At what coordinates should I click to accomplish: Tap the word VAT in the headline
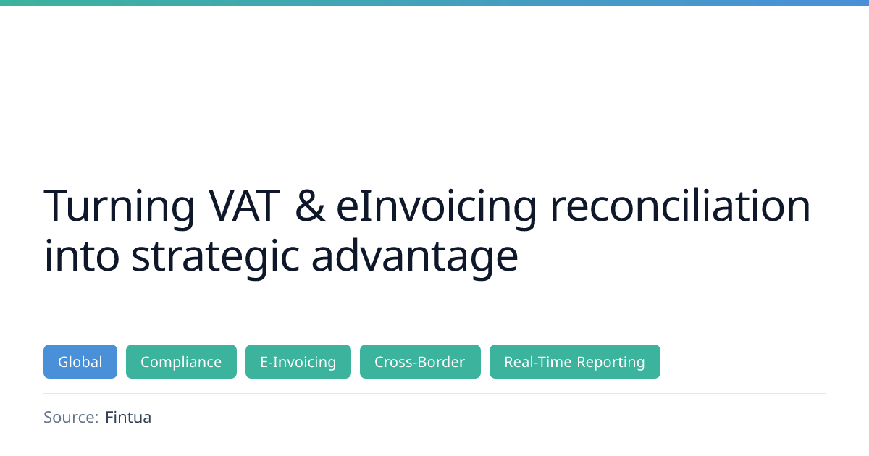(244, 206)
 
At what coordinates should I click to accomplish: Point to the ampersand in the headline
(310, 206)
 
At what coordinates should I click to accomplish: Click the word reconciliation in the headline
(680, 205)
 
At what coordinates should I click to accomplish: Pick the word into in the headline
(81, 255)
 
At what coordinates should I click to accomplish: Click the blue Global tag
(80, 361)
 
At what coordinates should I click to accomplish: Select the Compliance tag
(181, 361)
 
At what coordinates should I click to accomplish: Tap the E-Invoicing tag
(298, 361)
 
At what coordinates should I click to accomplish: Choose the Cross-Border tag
(420, 361)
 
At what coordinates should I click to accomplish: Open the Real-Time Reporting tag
(575, 361)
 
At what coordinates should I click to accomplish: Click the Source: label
(71, 417)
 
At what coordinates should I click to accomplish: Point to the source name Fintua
(128, 417)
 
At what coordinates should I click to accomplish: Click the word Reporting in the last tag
(611, 363)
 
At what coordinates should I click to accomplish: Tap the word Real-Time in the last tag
(537, 361)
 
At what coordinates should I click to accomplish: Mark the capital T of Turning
(57, 206)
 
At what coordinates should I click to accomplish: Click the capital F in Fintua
(110, 417)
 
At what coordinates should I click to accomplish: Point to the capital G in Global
(64, 362)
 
